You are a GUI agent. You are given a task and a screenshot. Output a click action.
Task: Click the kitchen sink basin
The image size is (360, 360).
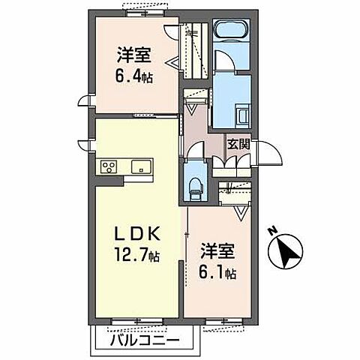pos(140,166)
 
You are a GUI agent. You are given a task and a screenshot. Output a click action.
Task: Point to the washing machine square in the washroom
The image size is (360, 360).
pos(244,115)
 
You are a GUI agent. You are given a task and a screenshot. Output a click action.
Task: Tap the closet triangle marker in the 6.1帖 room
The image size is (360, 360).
pos(242,214)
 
